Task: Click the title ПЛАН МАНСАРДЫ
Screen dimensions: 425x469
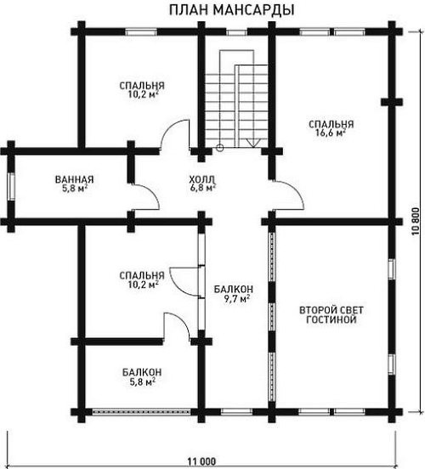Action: point(232,10)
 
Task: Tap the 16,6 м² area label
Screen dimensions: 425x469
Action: point(331,133)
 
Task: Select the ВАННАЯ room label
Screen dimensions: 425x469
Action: point(75,179)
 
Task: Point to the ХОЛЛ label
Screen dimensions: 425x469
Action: point(202,179)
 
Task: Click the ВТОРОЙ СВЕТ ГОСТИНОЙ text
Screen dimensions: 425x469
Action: point(331,314)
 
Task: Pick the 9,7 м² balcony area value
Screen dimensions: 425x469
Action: point(237,298)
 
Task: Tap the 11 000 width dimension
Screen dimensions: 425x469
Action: point(201,461)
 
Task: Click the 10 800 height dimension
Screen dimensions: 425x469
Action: point(419,222)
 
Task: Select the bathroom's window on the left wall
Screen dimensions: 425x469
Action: point(11,187)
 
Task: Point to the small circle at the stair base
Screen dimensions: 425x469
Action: point(220,147)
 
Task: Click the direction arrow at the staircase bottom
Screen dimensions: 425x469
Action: point(253,143)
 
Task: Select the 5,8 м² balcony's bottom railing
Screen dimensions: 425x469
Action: point(141,412)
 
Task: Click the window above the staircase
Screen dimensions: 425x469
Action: point(236,31)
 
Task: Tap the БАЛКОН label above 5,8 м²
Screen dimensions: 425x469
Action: point(142,372)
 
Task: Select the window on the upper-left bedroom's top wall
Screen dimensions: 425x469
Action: point(141,31)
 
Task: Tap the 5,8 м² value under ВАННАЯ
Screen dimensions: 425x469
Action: point(75,188)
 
